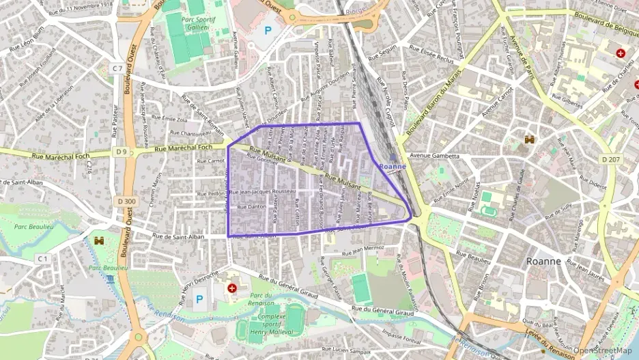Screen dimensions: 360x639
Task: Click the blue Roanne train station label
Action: click(393, 166)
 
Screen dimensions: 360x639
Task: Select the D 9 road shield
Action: click(122, 151)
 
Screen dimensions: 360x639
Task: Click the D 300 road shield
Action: click(126, 201)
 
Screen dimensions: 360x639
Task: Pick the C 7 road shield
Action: click(118, 68)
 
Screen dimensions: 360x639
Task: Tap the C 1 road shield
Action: click(42, 258)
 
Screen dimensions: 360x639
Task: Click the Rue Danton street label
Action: click(251, 206)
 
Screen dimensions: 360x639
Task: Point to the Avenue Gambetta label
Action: click(434, 156)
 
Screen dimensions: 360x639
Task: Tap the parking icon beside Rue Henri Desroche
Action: click(200, 299)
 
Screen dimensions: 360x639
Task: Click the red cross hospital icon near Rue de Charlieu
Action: click(620, 53)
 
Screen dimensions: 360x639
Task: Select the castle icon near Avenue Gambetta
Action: click(529, 139)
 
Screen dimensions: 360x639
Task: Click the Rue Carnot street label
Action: click(210, 161)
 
